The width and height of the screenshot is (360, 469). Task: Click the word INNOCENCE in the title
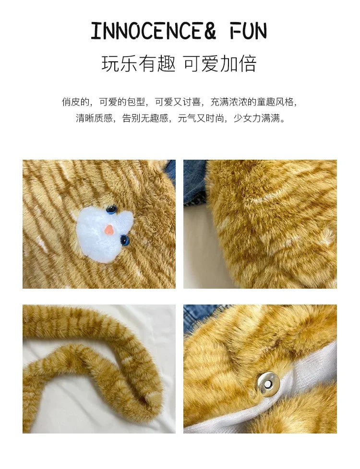147,31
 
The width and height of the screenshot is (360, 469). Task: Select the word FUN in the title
248,31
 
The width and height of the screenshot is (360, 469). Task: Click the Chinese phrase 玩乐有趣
138,64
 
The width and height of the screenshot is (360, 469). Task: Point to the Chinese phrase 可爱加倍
220,64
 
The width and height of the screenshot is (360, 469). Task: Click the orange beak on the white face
109,229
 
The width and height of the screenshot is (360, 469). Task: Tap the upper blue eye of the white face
111,210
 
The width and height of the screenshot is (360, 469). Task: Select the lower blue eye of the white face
125,240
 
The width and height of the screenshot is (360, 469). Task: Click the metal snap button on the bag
268,382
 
